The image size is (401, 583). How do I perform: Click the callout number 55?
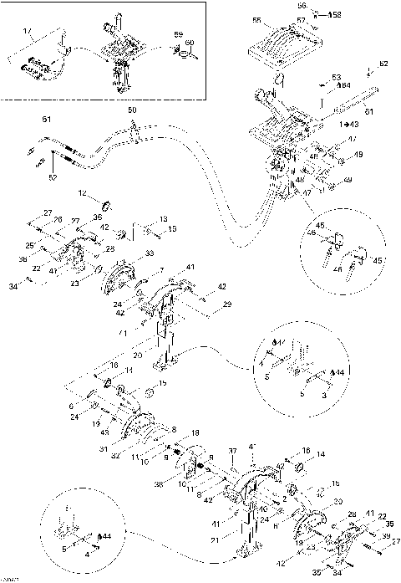click(x=256, y=20)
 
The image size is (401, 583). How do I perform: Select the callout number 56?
click(x=302, y=6)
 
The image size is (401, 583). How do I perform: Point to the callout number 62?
click(x=383, y=64)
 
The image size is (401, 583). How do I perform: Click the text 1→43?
click(x=326, y=123)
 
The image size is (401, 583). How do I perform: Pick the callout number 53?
click(x=336, y=76)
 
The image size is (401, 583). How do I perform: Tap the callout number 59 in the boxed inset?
click(x=178, y=35)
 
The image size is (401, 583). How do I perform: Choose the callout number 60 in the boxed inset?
click(x=190, y=42)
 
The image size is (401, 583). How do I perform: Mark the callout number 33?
click(x=149, y=253)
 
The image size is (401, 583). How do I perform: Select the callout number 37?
click(x=233, y=451)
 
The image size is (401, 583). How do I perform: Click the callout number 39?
click(x=386, y=536)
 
